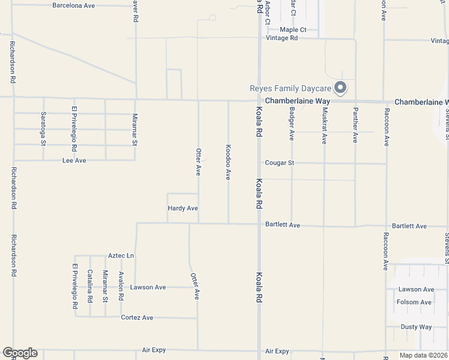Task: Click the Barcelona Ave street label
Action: coord(74,5)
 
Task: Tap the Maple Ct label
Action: coord(293,29)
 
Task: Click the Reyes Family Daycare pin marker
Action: coord(340,88)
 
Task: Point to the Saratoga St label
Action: coord(43,128)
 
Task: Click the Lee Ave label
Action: coord(74,161)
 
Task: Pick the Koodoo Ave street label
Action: coord(228,162)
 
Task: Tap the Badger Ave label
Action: coord(292,124)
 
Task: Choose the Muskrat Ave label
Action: coord(324,126)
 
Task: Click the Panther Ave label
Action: coord(355,125)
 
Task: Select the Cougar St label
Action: coord(280,163)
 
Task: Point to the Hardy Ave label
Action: coord(182,208)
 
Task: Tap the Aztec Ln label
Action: coord(121,256)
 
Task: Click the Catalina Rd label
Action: coord(90,286)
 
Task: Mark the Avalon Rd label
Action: coord(121,286)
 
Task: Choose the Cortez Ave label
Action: coord(137,317)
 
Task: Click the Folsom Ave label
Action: coord(414,302)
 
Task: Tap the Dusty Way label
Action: coord(417,327)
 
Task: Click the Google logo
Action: coord(20,353)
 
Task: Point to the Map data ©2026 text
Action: coord(423,355)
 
